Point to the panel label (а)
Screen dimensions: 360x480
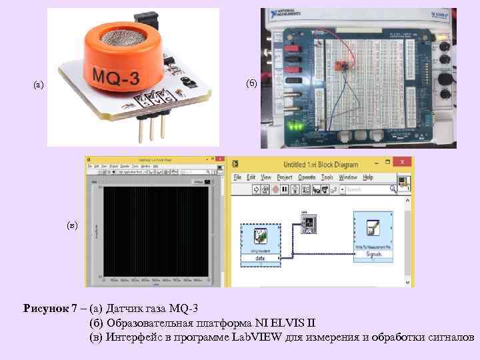[39, 85]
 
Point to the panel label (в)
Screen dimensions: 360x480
[72, 225]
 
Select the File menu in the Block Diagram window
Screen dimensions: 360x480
[235, 178]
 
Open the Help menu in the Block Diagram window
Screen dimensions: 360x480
[368, 178]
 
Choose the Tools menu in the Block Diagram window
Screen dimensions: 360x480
[327, 178]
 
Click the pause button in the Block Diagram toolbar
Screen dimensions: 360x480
[285, 190]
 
